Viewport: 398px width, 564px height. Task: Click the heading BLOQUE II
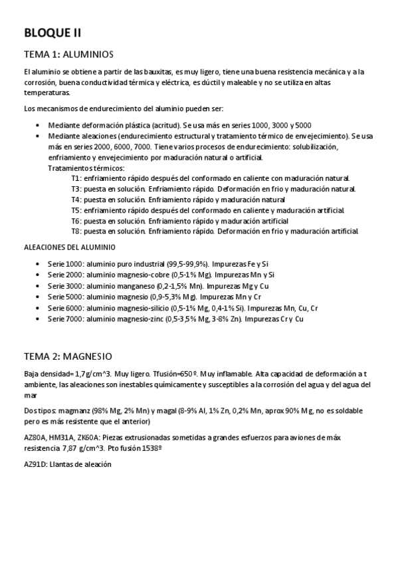click(52, 33)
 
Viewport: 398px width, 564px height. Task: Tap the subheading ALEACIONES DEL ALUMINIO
click(64, 247)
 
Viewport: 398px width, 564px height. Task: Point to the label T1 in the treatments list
click(76, 178)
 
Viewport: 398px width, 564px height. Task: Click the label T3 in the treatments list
click(76, 189)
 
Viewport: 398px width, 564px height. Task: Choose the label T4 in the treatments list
click(76, 200)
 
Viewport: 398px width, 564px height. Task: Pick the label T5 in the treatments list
click(76, 210)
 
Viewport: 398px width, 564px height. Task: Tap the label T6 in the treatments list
click(76, 221)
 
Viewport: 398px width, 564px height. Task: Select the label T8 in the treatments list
click(76, 231)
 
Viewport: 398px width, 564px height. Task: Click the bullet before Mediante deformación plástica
click(41, 126)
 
